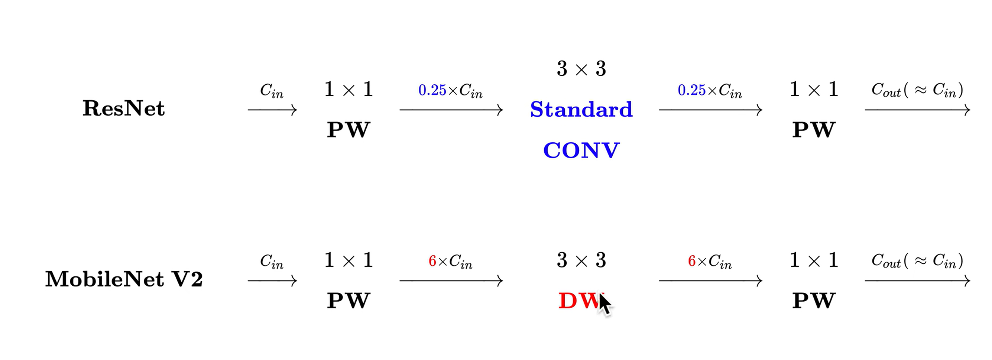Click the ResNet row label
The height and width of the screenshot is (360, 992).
click(x=124, y=108)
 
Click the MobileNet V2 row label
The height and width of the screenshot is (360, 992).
click(x=124, y=279)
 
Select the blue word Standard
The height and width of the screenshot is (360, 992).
click(x=581, y=109)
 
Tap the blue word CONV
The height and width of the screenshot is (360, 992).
click(x=581, y=150)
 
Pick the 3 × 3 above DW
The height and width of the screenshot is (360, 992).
click(x=581, y=260)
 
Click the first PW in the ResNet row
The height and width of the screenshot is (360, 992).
click(x=348, y=130)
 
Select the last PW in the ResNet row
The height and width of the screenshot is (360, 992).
click(x=813, y=130)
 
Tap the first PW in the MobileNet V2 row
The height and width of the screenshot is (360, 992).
click(x=348, y=301)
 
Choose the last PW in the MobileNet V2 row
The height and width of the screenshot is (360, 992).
click(x=813, y=301)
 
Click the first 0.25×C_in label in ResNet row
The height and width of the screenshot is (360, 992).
click(x=450, y=91)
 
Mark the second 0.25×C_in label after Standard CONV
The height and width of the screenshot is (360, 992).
click(x=709, y=91)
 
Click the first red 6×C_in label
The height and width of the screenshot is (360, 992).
click(x=450, y=262)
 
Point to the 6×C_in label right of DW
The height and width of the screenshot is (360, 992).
click(x=709, y=262)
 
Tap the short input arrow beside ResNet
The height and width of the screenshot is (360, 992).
click(x=272, y=110)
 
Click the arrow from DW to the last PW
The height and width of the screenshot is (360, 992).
click(x=710, y=281)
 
